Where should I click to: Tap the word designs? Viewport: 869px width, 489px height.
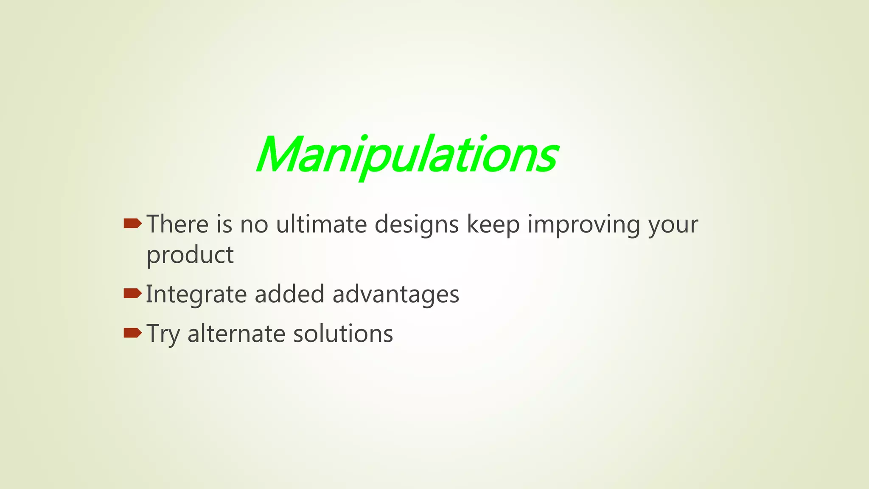[x=416, y=225]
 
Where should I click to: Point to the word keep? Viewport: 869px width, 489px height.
[x=493, y=225]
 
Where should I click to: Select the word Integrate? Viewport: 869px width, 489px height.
[x=196, y=295]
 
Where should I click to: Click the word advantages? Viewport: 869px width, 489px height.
[x=395, y=295]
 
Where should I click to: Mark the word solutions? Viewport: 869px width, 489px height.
[x=343, y=334]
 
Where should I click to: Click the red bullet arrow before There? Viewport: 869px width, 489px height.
[x=132, y=223]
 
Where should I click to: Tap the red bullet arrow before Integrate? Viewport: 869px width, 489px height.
[x=132, y=293]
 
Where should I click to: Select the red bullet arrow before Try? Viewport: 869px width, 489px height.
[x=132, y=332]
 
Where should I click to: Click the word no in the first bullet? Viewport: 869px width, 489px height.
[x=254, y=225]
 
